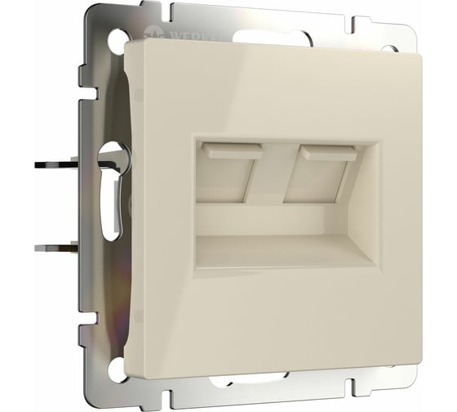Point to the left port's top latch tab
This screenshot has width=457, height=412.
233,151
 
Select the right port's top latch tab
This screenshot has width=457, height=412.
326,153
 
